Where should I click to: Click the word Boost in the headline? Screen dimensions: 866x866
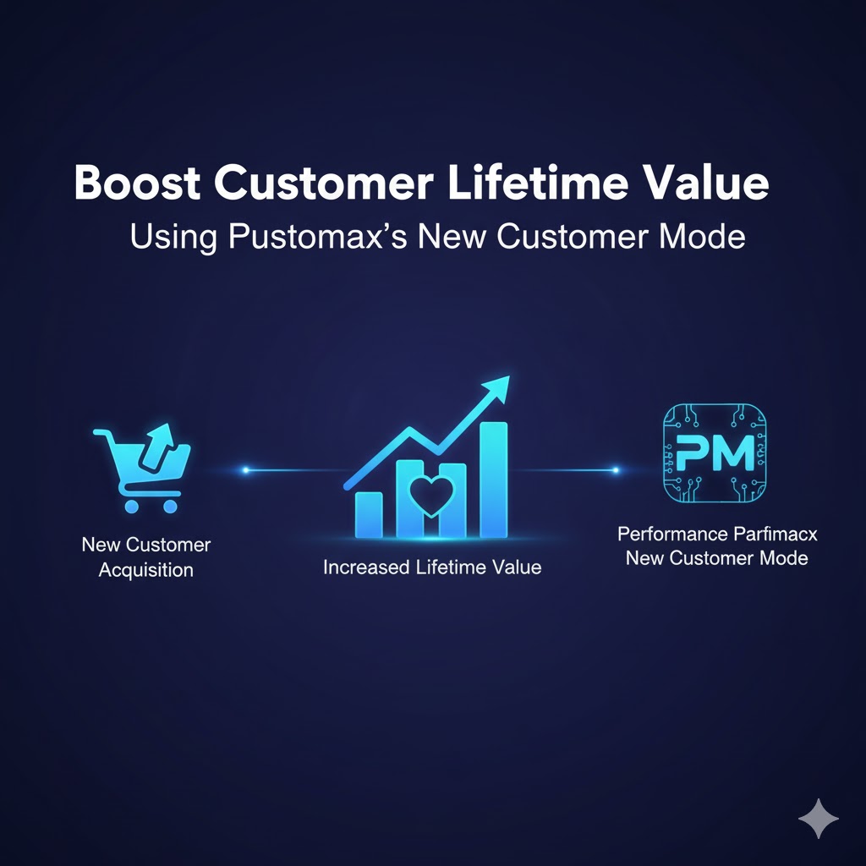pyautogui.click(x=137, y=182)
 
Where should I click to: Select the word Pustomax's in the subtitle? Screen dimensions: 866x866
pyautogui.click(x=318, y=238)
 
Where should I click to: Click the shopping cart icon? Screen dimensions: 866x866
pyautogui.click(x=142, y=469)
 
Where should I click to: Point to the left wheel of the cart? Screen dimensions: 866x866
pyautogui.click(x=131, y=507)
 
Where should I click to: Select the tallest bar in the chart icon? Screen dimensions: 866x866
pyautogui.click(x=493, y=480)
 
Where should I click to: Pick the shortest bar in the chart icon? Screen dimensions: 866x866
pyautogui.click(x=369, y=515)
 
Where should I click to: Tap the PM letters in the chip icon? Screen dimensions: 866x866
pyautogui.click(x=715, y=453)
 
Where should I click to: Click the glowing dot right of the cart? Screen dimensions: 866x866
pyautogui.click(x=246, y=470)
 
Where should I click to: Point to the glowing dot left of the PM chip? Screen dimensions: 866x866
pyautogui.click(x=616, y=470)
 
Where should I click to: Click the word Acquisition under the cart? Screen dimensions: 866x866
pyautogui.click(x=145, y=570)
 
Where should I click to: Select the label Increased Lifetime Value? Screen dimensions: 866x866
pyautogui.click(x=432, y=567)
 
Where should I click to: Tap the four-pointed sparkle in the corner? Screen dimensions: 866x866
pyautogui.click(x=819, y=819)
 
